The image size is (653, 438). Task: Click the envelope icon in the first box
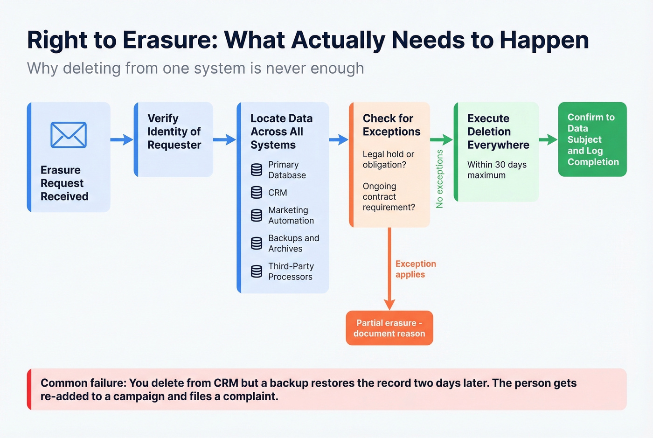[x=69, y=135]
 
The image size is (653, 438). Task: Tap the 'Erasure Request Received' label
[x=64, y=183]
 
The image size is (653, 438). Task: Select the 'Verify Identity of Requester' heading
[x=174, y=132]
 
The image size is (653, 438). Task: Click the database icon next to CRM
[x=257, y=192]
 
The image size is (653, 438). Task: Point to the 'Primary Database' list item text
[x=287, y=170]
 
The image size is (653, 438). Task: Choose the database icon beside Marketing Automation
[x=257, y=215]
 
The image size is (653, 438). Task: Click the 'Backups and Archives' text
[x=293, y=243]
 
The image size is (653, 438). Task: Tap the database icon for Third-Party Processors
[x=257, y=271]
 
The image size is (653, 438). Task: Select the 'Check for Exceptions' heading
[x=391, y=125]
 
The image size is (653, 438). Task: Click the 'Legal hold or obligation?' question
[x=388, y=160]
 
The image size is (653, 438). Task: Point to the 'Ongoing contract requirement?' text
[x=389, y=197]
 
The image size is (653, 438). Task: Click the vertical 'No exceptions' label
[x=439, y=179]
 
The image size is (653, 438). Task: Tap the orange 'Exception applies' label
[x=415, y=269]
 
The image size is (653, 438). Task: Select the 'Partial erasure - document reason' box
[x=389, y=328]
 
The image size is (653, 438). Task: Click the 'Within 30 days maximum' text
[x=497, y=170]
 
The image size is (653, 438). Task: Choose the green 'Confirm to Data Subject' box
[x=592, y=139]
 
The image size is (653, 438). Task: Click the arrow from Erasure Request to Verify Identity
[x=122, y=139]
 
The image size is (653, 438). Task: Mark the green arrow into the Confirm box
[x=548, y=139]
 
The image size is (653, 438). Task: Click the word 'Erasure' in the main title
[x=170, y=40]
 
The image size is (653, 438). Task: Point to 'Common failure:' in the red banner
[x=83, y=383]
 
